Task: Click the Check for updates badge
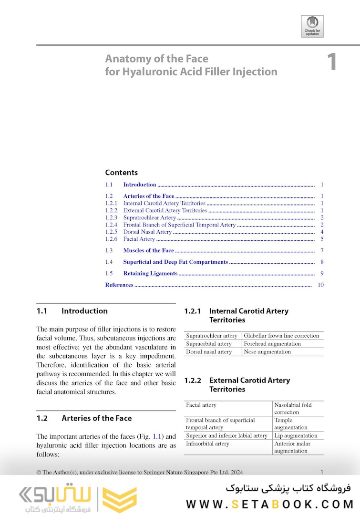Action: pyautogui.click(x=312, y=26)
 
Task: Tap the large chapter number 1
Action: pyautogui.click(x=332, y=63)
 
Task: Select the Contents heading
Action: pyautogui.click(x=121, y=173)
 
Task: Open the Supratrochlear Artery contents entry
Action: pyautogui.click(x=150, y=218)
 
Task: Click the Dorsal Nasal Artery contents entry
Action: pyautogui.click(x=147, y=232)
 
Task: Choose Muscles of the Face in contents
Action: pyautogui.click(x=148, y=251)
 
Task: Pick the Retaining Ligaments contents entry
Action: pyautogui.click(x=150, y=274)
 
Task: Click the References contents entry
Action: pyautogui.click(x=119, y=285)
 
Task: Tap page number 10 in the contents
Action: pyautogui.click(x=320, y=285)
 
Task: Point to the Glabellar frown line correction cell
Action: pyautogui.click(x=281, y=336)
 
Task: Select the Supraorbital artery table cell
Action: pyautogui.click(x=209, y=344)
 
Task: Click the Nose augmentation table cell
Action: pyautogui.click(x=267, y=352)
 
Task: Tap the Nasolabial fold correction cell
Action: pyautogui.click(x=293, y=409)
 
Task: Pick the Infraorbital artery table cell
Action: pyautogui.click(x=207, y=444)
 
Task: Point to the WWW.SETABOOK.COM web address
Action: pyautogui.click(x=269, y=504)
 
